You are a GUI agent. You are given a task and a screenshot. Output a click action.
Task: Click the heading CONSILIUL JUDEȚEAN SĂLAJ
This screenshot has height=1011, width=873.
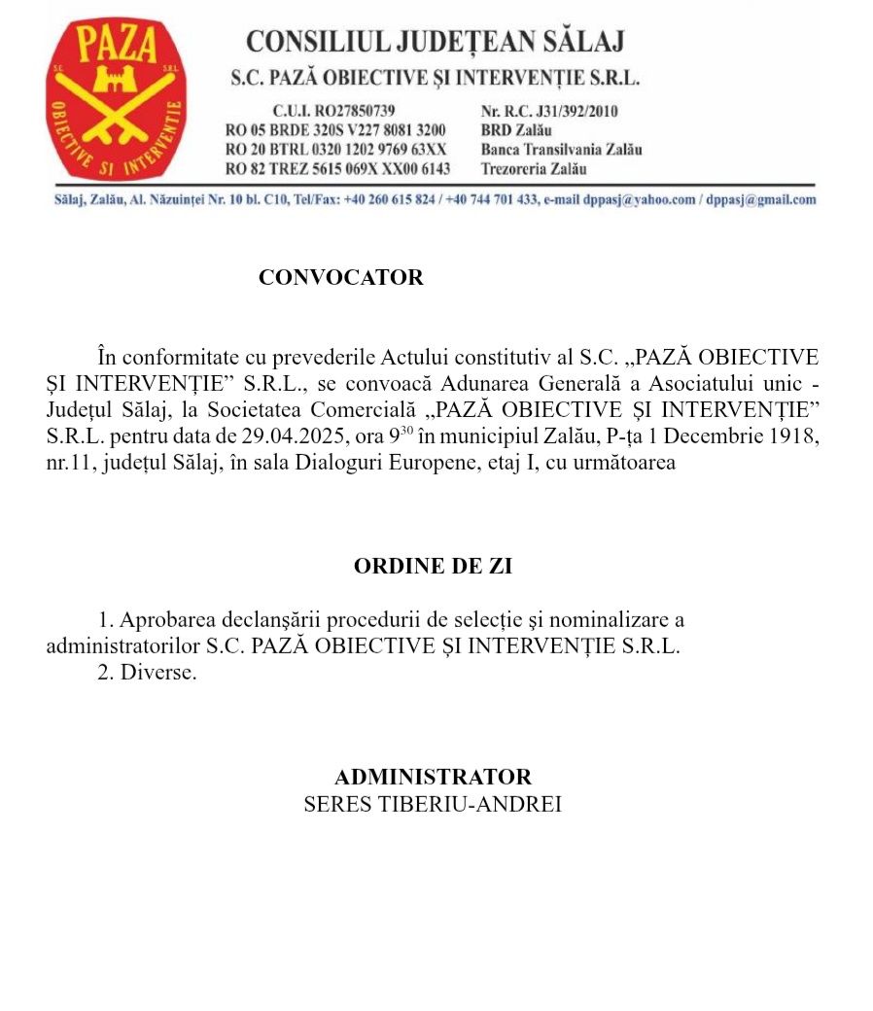(435, 42)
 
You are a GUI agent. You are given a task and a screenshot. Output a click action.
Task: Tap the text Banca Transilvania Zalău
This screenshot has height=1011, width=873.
(561, 150)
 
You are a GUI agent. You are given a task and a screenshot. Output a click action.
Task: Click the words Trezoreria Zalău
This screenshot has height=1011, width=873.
(534, 168)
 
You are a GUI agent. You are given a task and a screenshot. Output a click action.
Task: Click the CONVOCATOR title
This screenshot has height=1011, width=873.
(341, 277)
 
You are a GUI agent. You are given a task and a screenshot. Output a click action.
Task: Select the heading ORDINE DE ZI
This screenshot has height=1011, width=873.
(434, 567)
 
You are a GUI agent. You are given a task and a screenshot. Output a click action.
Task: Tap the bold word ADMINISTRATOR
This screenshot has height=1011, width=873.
(434, 778)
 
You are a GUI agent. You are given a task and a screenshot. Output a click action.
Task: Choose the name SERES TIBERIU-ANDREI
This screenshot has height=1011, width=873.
(434, 805)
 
